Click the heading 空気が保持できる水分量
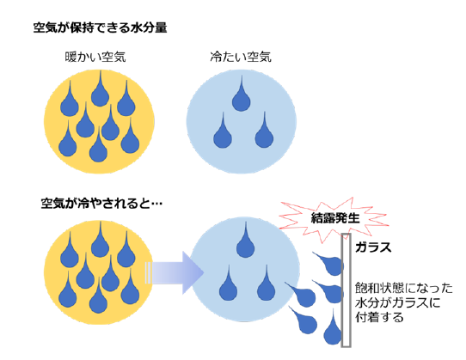point(100,27)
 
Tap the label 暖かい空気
point(95,57)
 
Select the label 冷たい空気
point(241,57)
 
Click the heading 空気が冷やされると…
point(101,204)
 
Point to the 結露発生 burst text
point(335,218)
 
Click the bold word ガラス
point(373,247)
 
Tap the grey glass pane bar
point(346,290)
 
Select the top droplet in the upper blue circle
point(241,95)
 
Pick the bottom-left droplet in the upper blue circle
point(223,131)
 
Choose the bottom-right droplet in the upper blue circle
point(264,131)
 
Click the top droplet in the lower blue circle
point(246,240)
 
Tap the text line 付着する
point(379,317)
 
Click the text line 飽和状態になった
point(404,288)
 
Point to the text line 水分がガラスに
point(397,302)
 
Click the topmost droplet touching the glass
point(328,264)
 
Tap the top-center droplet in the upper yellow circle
point(100,88)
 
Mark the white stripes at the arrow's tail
point(148,272)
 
